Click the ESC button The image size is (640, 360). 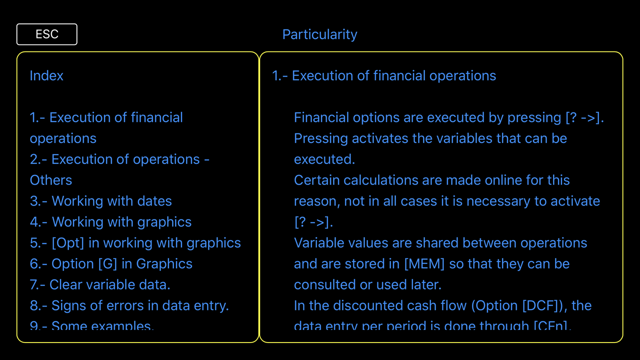[x=47, y=34]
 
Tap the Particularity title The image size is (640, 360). [x=319, y=35]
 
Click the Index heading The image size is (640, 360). [x=46, y=75]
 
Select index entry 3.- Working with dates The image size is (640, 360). [x=101, y=201]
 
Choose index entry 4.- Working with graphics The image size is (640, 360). [x=110, y=222]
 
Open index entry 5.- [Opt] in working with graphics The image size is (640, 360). [x=135, y=243]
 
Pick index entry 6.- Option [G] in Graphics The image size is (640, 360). [x=111, y=264]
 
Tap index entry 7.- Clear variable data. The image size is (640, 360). [x=100, y=285]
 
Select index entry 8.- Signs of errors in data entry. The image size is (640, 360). [x=129, y=305]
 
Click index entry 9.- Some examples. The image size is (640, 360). [x=91, y=325]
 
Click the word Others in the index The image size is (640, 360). [x=51, y=180]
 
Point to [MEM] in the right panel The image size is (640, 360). [x=424, y=264]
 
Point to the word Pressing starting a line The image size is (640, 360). [x=321, y=139]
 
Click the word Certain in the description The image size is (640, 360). [x=317, y=180]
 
